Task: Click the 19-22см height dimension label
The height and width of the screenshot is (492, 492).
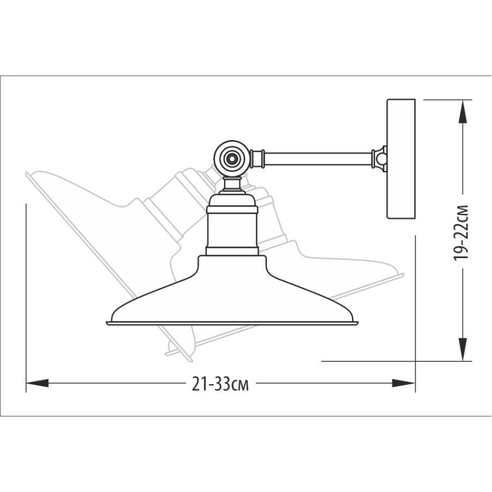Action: click(x=461, y=233)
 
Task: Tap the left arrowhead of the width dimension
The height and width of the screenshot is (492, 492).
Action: click(x=37, y=383)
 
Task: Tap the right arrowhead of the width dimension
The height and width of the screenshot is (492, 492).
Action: click(x=403, y=383)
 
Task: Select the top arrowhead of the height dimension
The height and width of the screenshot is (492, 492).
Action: click(x=462, y=112)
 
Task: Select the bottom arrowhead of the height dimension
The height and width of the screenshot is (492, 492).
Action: click(x=462, y=349)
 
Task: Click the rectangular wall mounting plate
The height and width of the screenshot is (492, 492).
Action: click(x=401, y=159)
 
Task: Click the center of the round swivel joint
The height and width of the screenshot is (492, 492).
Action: click(x=232, y=159)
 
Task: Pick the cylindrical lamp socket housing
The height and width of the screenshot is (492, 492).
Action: click(x=232, y=230)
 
